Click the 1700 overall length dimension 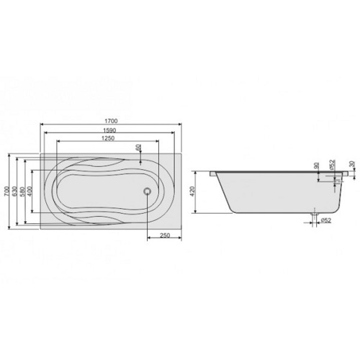(112, 121)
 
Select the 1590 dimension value (110, 130)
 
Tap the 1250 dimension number (108, 138)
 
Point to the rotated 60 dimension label (138, 147)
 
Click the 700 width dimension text (6, 191)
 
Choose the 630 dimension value (15, 191)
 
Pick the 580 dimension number (22, 191)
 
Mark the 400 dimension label (30, 191)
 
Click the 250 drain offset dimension (165, 235)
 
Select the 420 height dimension (193, 192)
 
